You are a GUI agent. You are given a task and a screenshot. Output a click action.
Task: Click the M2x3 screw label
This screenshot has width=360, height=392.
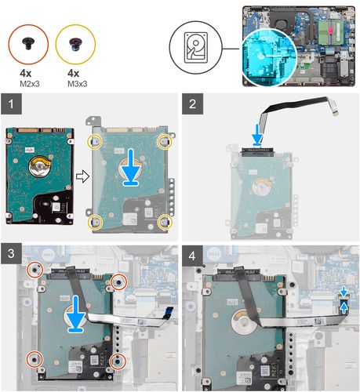point(30,84)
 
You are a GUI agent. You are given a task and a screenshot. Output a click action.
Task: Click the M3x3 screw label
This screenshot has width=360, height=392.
point(78,84)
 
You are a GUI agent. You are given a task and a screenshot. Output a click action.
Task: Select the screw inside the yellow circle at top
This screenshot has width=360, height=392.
point(76,43)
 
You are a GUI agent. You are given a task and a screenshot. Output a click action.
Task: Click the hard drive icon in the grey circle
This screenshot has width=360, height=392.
point(196,48)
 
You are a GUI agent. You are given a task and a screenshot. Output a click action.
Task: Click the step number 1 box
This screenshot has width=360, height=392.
point(11,103)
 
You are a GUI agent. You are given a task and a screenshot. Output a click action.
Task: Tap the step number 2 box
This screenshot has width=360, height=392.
point(192,103)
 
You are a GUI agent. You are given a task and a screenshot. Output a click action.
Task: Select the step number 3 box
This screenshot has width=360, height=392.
point(11,253)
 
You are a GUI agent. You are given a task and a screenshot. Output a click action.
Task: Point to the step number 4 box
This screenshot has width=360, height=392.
point(192,256)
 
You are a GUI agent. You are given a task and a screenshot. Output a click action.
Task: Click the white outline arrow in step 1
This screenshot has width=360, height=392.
point(82,176)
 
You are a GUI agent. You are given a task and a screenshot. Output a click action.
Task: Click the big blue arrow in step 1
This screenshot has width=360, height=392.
point(131,167)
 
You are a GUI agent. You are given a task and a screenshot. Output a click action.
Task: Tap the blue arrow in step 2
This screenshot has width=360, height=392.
point(258,134)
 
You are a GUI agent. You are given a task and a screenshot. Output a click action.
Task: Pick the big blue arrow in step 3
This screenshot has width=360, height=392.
point(76,314)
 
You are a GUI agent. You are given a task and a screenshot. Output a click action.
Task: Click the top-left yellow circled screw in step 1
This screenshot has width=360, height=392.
point(95,141)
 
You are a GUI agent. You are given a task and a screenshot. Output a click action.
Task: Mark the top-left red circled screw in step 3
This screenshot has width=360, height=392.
point(35,270)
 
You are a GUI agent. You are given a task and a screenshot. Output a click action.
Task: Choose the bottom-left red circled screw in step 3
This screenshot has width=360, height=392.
point(35,359)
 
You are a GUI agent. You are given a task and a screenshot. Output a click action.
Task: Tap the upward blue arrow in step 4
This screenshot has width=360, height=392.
point(344,309)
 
